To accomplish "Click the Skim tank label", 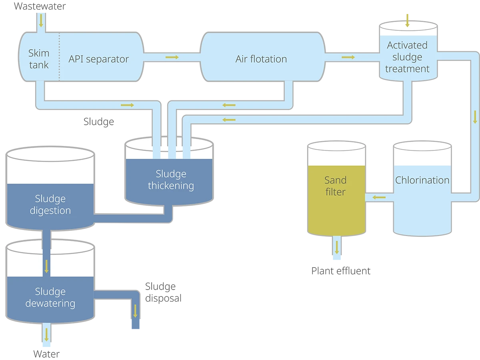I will click(39, 59).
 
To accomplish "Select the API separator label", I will click(99, 59).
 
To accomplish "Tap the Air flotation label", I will click(261, 59).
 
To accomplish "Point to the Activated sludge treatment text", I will click(407, 57).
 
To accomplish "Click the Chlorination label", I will click(422, 180).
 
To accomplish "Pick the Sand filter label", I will click(336, 186).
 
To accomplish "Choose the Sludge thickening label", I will click(171, 180).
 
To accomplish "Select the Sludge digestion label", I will click(50, 204).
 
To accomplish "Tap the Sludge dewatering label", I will click(50, 297).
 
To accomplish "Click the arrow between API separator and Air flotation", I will click(172, 57).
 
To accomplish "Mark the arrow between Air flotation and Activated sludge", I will click(348, 57).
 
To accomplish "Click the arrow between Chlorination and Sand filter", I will click(379, 197).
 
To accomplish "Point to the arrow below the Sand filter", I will click(337, 247).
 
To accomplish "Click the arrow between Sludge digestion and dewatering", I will click(47, 266).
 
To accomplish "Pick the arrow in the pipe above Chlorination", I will click(475, 117).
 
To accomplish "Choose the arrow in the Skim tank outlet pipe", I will click(127, 105).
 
